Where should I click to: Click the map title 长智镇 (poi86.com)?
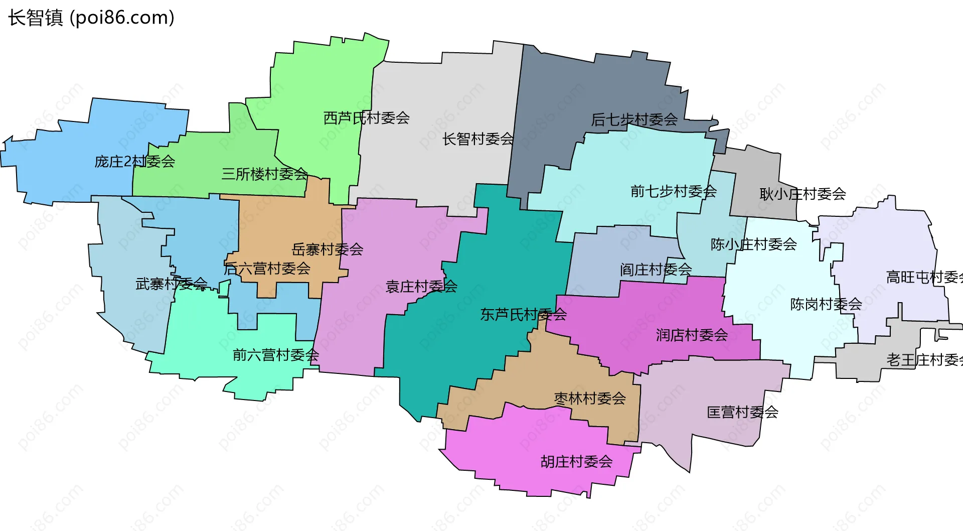coord(91,18)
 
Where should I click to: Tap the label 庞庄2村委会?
coord(134,162)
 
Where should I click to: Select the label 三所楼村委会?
coord(264,174)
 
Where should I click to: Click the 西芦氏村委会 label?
coord(367,118)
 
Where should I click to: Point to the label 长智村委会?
coord(478,139)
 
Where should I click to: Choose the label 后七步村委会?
coord(634,120)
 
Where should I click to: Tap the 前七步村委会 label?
coord(673,191)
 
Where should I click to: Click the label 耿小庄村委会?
coord(802,194)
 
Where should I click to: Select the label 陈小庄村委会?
coord(753,244)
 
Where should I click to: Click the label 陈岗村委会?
coord(826,304)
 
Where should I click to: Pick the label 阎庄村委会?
coord(656,270)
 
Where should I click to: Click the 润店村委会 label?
coord(692,335)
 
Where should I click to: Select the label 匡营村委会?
coord(742,413)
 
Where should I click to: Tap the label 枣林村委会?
coord(590,399)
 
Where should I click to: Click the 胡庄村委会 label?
coord(576,462)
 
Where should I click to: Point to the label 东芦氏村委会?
coord(523,315)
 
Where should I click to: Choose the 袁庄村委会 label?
coord(421,287)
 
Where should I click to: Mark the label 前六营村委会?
coord(276,355)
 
